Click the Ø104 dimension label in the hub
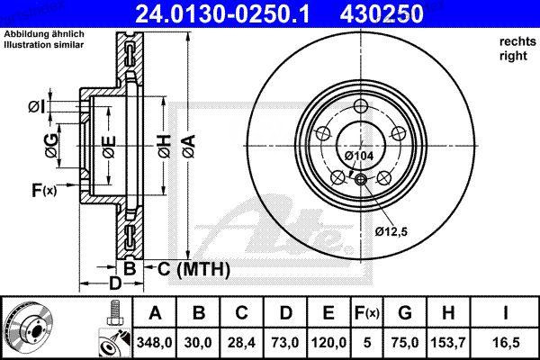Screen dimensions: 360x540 360,156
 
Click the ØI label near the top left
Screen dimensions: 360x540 36,107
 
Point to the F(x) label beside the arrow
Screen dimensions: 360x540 43,190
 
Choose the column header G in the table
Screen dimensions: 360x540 404,313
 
